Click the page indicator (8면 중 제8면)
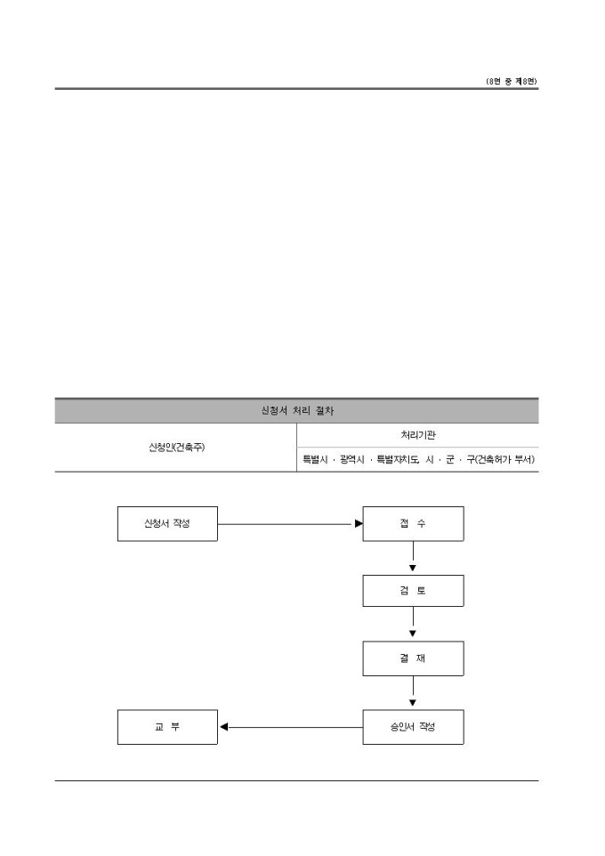[512, 81]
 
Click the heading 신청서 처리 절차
[296, 411]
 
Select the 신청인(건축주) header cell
[176, 447]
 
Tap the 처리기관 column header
[418, 435]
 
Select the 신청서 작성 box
[167, 523]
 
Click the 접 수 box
[413, 523]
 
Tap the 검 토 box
[413, 591]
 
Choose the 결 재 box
[413, 658]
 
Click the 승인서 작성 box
[413, 727]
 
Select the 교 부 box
[167, 727]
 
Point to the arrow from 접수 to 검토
[413, 557]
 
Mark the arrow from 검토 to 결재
[413, 624]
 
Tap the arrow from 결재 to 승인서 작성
[413, 692]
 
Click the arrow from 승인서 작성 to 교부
[294, 727]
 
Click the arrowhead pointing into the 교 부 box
[224, 727]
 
